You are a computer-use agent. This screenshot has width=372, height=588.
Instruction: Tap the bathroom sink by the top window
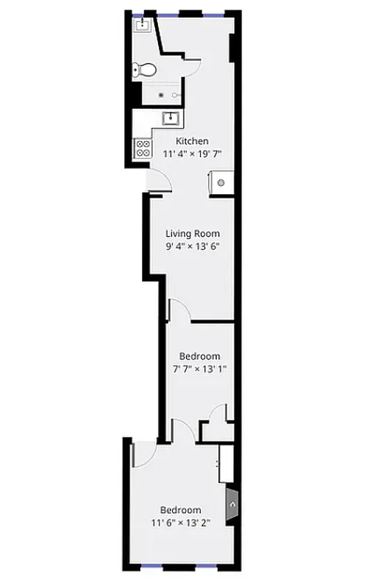(142, 26)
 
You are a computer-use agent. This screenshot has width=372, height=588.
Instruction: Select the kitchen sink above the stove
(171, 118)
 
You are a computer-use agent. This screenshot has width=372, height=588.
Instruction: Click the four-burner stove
(143, 149)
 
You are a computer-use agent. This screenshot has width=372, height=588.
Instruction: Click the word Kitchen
(192, 141)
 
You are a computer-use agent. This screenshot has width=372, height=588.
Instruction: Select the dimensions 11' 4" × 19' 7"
(192, 154)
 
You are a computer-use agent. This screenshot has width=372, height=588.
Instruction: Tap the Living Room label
(193, 234)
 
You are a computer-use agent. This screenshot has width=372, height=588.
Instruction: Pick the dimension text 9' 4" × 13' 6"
(193, 247)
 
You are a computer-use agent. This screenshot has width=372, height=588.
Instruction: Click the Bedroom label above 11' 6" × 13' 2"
(180, 510)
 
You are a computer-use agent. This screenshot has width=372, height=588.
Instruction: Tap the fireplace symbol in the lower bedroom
(231, 506)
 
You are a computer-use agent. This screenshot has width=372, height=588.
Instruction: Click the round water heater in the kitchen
(221, 182)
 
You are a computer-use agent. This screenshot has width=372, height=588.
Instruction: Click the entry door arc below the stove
(156, 181)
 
